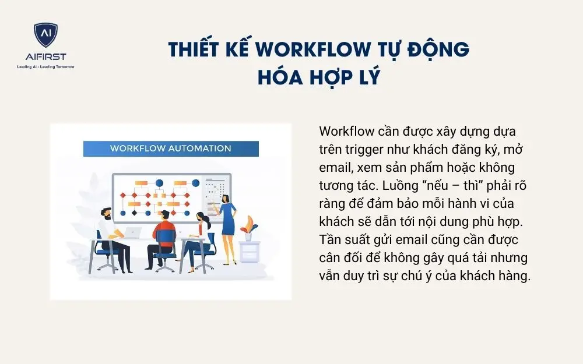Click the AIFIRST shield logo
45,37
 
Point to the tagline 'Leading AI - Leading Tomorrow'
45,66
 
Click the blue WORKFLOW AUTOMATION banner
170,148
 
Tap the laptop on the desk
132,232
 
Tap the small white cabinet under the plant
250,252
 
